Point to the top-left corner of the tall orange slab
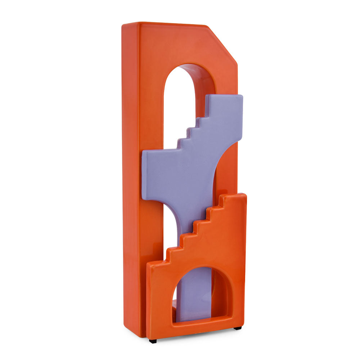click(123, 25)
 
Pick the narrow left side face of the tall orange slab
click(130, 180)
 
